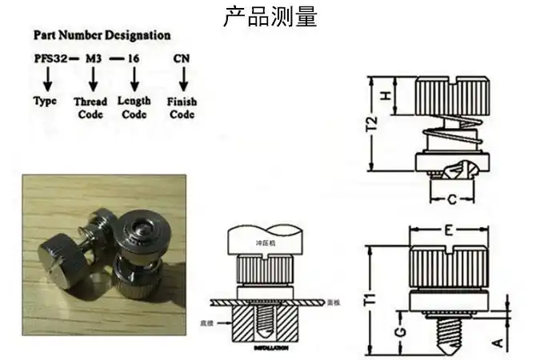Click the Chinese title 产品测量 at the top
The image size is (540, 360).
270,15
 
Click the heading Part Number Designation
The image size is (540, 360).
102,35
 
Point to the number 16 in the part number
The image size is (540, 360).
134,59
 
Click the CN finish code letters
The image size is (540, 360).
182,59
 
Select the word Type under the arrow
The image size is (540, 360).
46,102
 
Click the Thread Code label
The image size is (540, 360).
90,108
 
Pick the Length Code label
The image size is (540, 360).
134,107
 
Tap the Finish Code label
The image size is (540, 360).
182,108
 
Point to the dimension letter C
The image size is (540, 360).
451,198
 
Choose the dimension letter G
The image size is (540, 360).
400,329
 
